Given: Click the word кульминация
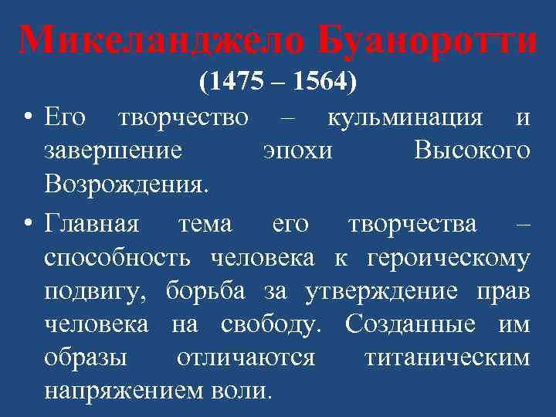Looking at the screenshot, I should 405,117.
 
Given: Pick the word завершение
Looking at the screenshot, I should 114,150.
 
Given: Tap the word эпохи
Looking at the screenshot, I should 297,150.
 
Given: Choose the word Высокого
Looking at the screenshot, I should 472,150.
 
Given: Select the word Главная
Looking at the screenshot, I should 92,224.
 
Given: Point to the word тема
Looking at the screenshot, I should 205,224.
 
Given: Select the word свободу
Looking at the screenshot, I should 266,324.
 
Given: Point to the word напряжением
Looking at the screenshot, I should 124,391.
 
